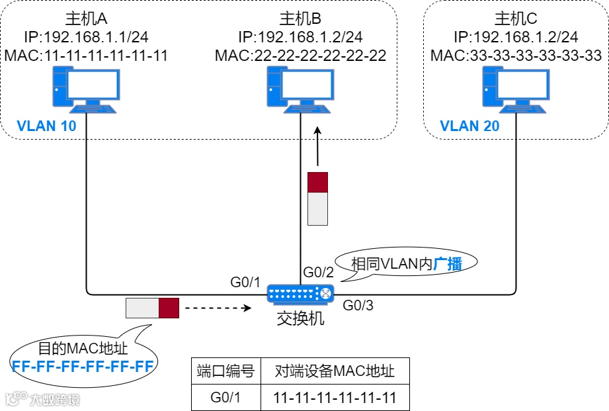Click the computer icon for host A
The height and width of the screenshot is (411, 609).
(86, 90)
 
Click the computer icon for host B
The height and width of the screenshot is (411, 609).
(301, 90)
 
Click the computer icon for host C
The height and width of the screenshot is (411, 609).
(516, 90)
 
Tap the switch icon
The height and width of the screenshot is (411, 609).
(300, 294)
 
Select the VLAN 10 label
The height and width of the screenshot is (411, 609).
(46, 126)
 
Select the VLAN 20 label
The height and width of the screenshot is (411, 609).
(469, 126)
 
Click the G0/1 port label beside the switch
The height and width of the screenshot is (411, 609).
(245, 282)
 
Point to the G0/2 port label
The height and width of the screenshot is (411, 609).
(318, 272)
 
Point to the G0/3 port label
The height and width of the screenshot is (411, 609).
(358, 305)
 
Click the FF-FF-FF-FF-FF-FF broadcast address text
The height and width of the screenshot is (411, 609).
(83, 366)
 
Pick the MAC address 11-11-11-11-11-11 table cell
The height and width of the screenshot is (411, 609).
(335, 398)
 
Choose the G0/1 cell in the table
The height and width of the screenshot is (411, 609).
(225, 398)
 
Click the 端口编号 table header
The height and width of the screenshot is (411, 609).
(225, 371)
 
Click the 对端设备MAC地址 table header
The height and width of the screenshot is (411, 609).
(335, 371)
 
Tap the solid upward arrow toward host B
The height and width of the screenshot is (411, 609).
(317, 146)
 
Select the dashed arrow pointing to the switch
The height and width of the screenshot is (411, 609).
(218, 308)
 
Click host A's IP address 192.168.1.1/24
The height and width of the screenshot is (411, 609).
(96, 37)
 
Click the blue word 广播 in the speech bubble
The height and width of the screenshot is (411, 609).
(448, 264)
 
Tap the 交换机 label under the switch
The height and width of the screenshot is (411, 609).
(300, 319)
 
